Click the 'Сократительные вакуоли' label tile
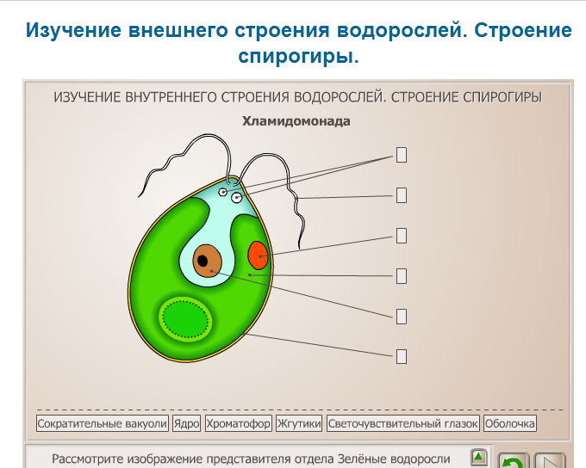(103, 423)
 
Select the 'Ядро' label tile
(186, 423)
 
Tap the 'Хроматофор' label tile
(239, 423)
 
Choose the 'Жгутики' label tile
(299, 423)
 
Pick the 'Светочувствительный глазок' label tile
(403, 423)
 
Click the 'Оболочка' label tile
(510, 423)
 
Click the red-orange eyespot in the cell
(258, 256)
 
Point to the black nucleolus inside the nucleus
(203, 261)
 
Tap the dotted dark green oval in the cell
(186, 319)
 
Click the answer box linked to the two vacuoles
(402, 155)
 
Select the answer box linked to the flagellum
(402, 195)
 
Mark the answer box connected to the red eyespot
(402, 236)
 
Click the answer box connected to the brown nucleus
(402, 317)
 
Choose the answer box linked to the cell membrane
(402, 356)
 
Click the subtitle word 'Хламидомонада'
(296, 121)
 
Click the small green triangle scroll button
(478, 457)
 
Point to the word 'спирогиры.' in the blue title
(298, 57)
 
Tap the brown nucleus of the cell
(207, 261)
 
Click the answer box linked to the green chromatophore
(402, 276)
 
